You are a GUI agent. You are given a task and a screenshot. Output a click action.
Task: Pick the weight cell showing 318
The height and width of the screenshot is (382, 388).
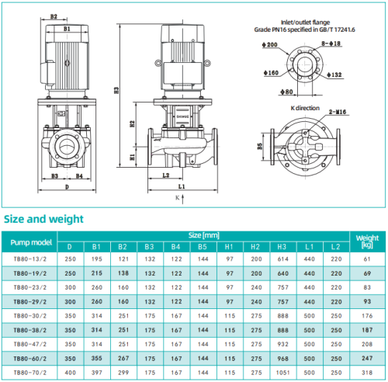[x=366, y=372]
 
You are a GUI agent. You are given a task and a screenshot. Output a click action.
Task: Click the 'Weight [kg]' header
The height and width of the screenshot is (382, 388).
[x=366, y=240]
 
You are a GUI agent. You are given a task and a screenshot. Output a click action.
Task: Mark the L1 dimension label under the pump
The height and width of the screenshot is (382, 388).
[x=182, y=188]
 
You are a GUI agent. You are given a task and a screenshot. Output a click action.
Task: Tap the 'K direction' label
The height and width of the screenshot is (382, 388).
[x=305, y=107]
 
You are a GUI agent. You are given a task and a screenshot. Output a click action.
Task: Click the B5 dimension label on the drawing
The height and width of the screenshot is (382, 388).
[x=260, y=144]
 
